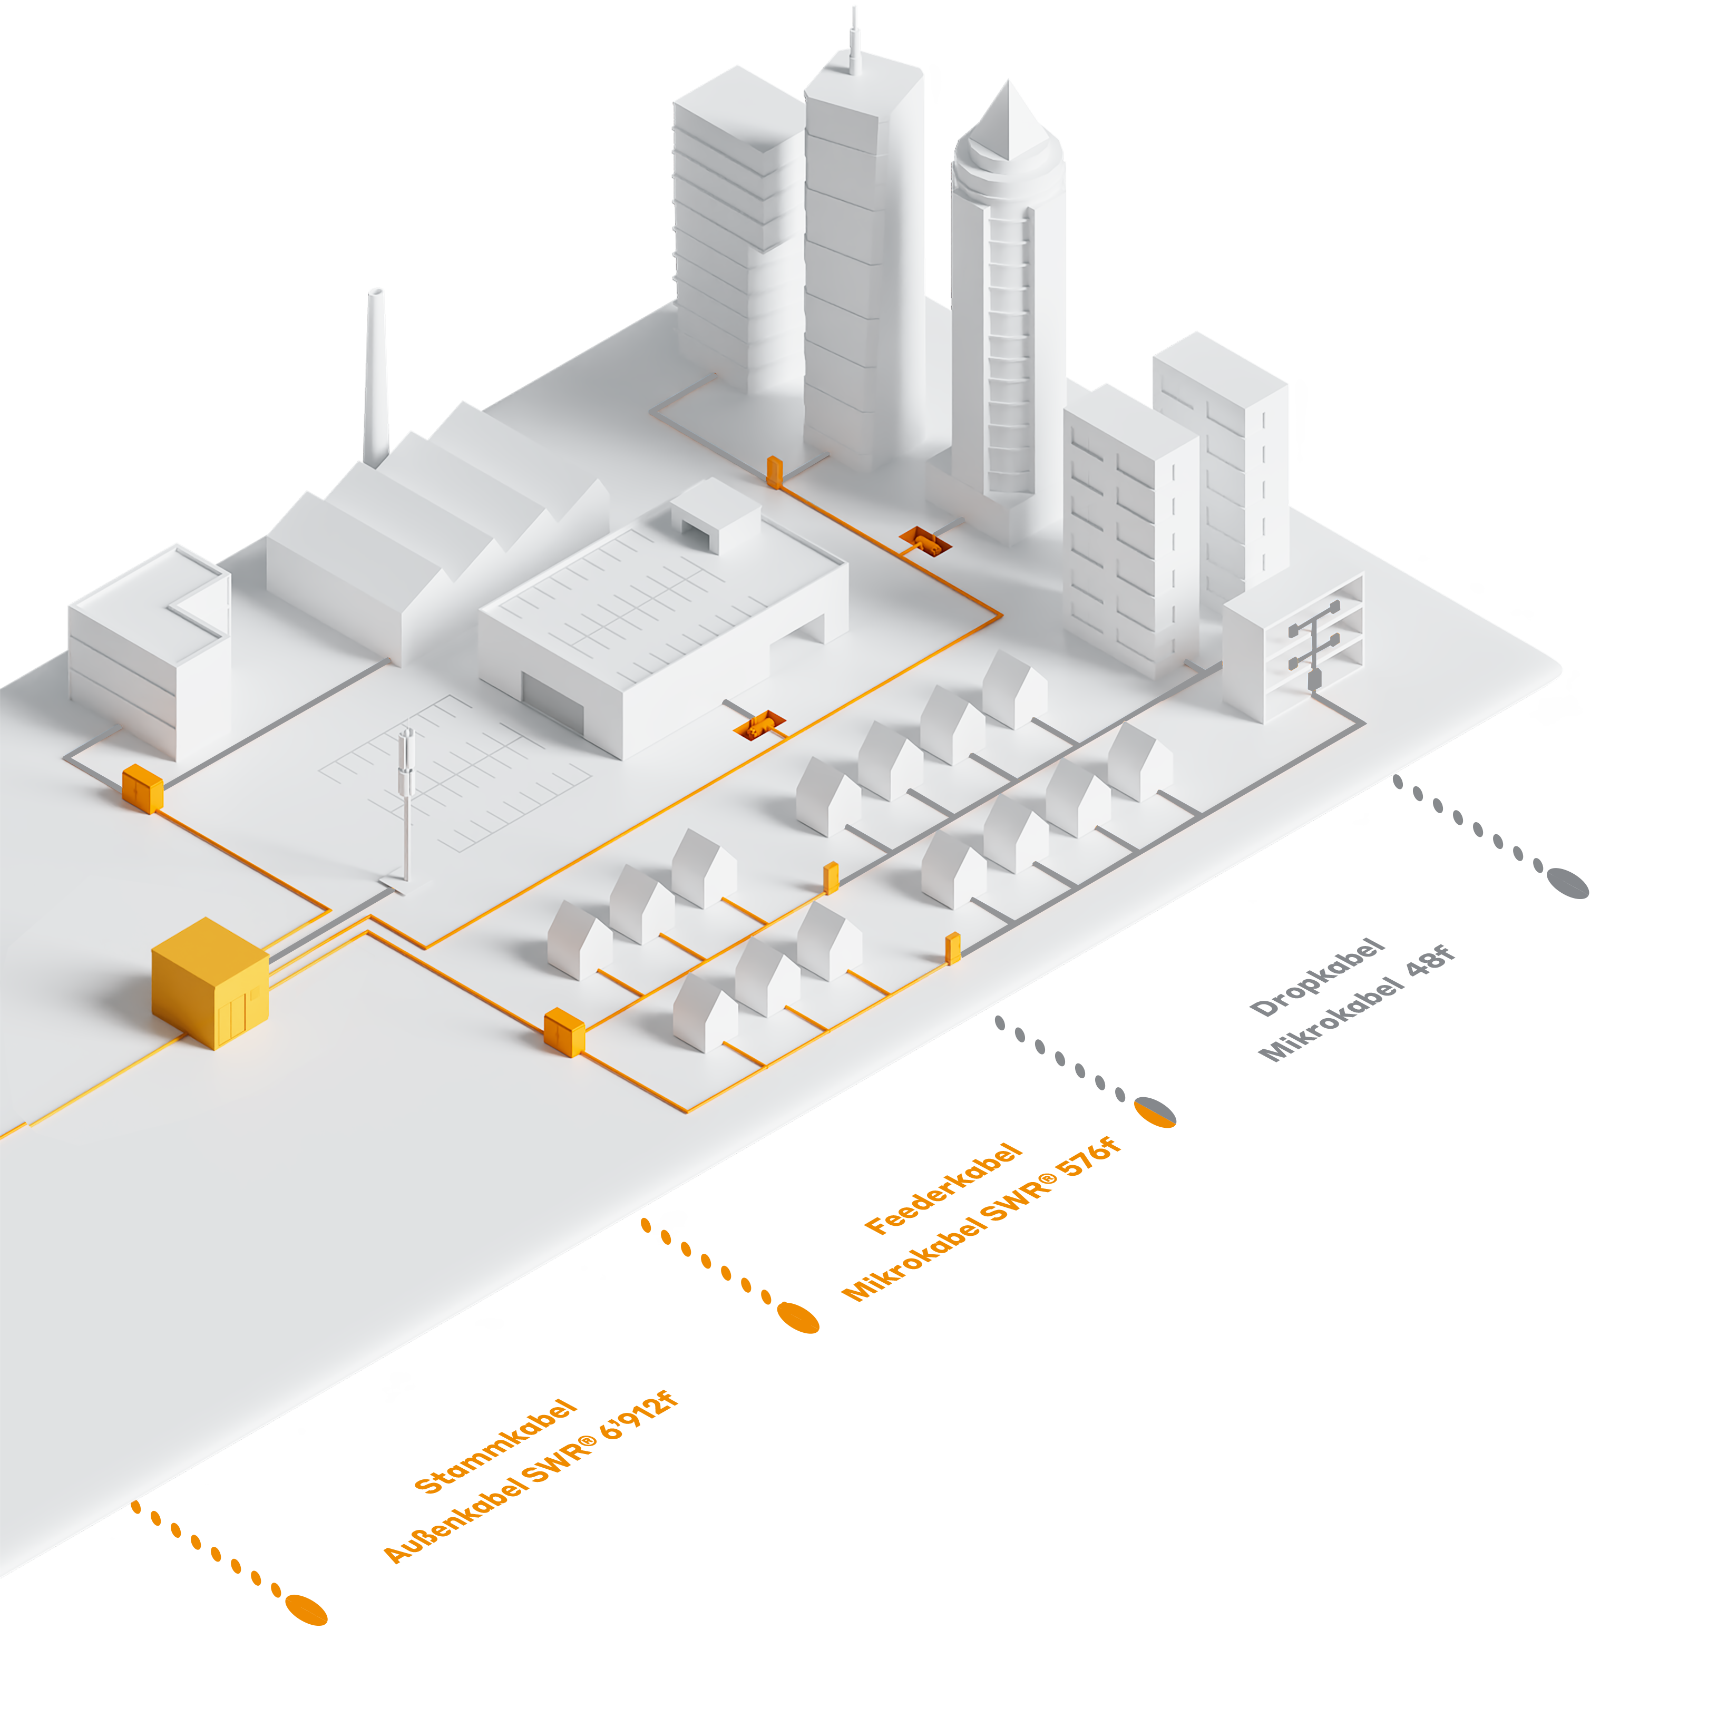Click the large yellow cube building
[210, 983]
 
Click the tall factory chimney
[378, 375]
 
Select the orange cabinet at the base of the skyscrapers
[774, 471]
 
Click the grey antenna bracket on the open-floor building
[1314, 643]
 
